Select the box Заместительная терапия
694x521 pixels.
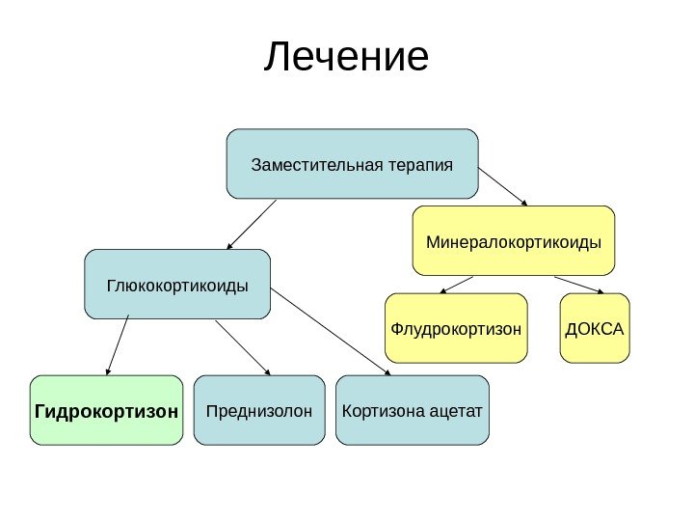pyautogui.click(x=352, y=163)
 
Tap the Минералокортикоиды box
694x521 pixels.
pyautogui.click(x=514, y=239)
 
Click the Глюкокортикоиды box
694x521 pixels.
pyautogui.click(x=177, y=285)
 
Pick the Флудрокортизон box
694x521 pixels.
pyautogui.click(x=456, y=328)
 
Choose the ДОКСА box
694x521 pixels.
pyautogui.click(x=595, y=328)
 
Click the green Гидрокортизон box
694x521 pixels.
pyautogui.click(x=106, y=410)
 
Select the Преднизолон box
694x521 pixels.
pyautogui.click(x=259, y=410)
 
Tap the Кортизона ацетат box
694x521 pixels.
pyautogui.click(x=413, y=410)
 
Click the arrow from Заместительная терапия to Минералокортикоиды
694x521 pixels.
pyautogui.click(x=504, y=186)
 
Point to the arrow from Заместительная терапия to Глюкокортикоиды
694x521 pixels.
pyautogui.click(x=253, y=224)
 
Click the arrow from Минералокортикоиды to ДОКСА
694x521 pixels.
pyautogui.click(x=579, y=284)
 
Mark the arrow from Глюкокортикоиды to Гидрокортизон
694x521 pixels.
pyautogui.click(x=119, y=346)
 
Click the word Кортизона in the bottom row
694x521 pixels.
pyautogui.click(x=379, y=410)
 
